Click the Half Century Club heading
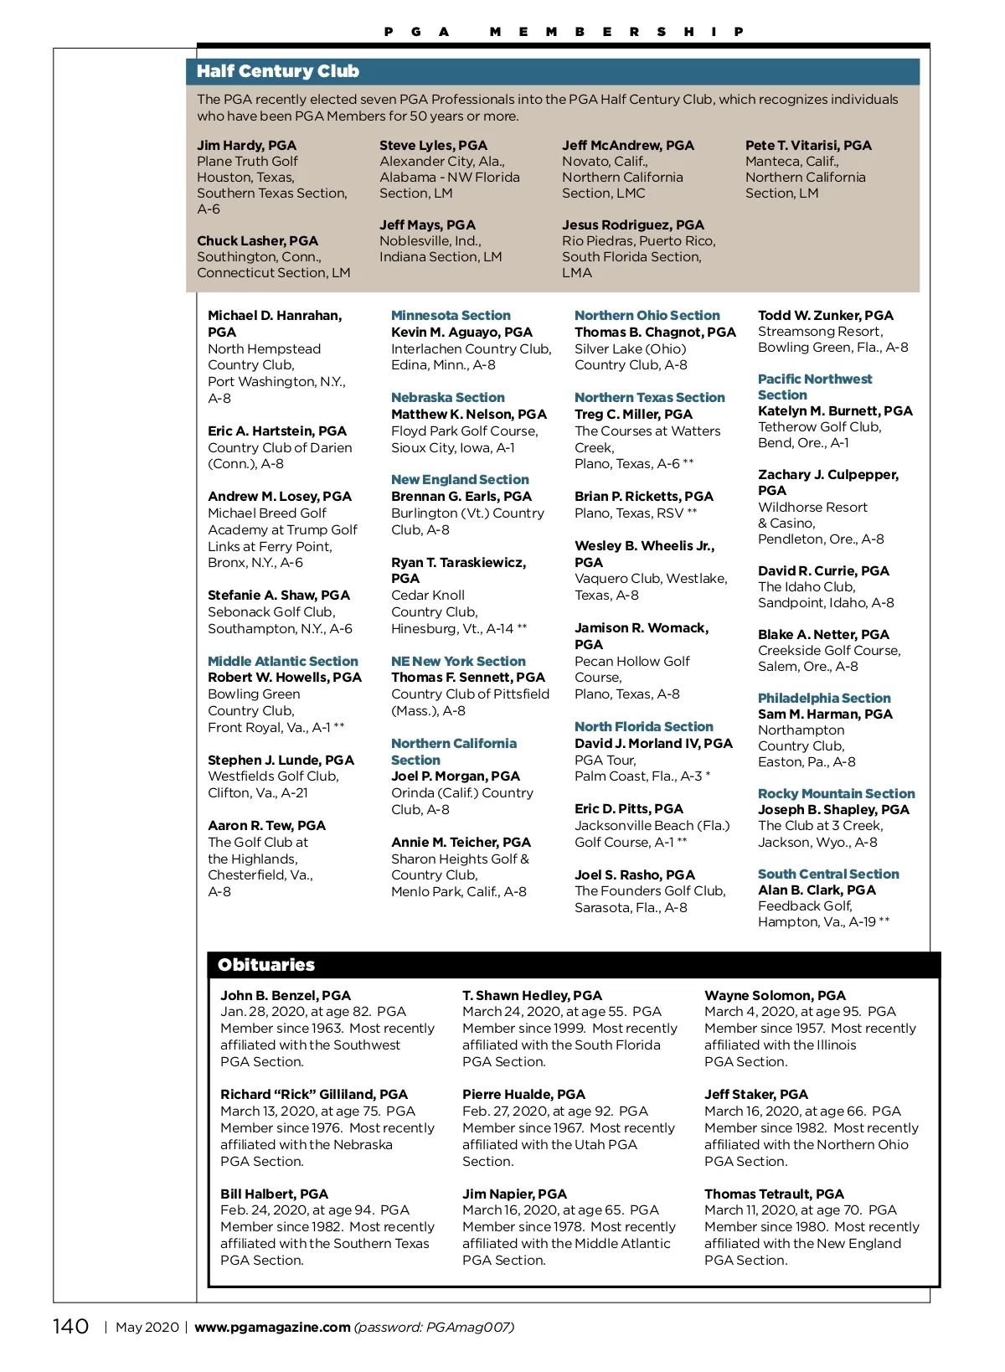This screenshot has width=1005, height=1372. pyautogui.click(x=278, y=71)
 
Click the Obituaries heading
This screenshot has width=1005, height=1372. pyautogui.click(x=266, y=965)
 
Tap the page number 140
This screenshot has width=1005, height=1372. pyautogui.click(x=70, y=1326)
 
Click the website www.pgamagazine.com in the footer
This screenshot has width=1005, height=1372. pyautogui.click(x=272, y=1327)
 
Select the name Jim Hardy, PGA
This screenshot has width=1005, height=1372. pyautogui.click(x=246, y=146)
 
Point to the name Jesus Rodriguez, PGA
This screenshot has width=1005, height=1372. pyautogui.click(x=632, y=225)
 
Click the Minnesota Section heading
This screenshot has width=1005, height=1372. pyautogui.click(x=451, y=316)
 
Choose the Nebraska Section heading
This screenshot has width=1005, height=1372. pyautogui.click(x=448, y=398)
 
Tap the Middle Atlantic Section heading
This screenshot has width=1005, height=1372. pyautogui.click(x=282, y=662)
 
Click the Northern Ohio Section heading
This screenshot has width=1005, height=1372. pyautogui.click(x=647, y=316)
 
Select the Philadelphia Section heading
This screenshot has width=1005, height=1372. pyautogui.click(x=824, y=699)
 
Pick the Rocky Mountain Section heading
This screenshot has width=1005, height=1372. pyautogui.click(x=836, y=794)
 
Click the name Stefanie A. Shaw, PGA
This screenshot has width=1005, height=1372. pyautogui.click(x=279, y=596)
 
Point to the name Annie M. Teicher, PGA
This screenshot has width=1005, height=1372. pyautogui.click(x=461, y=843)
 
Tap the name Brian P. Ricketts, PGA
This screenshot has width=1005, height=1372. pyautogui.click(x=643, y=497)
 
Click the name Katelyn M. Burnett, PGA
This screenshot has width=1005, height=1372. pyautogui.click(x=835, y=411)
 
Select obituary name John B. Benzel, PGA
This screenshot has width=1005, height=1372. pyautogui.click(x=286, y=996)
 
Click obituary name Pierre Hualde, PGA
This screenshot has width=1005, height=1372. pyautogui.click(x=523, y=1095)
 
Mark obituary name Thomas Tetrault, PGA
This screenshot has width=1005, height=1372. pyautogui.click(x=774, y=1194)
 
